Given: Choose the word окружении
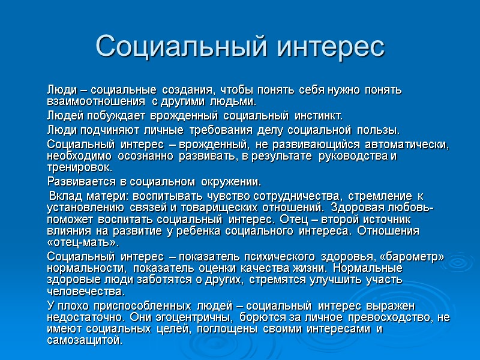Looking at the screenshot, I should pos(231,181).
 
